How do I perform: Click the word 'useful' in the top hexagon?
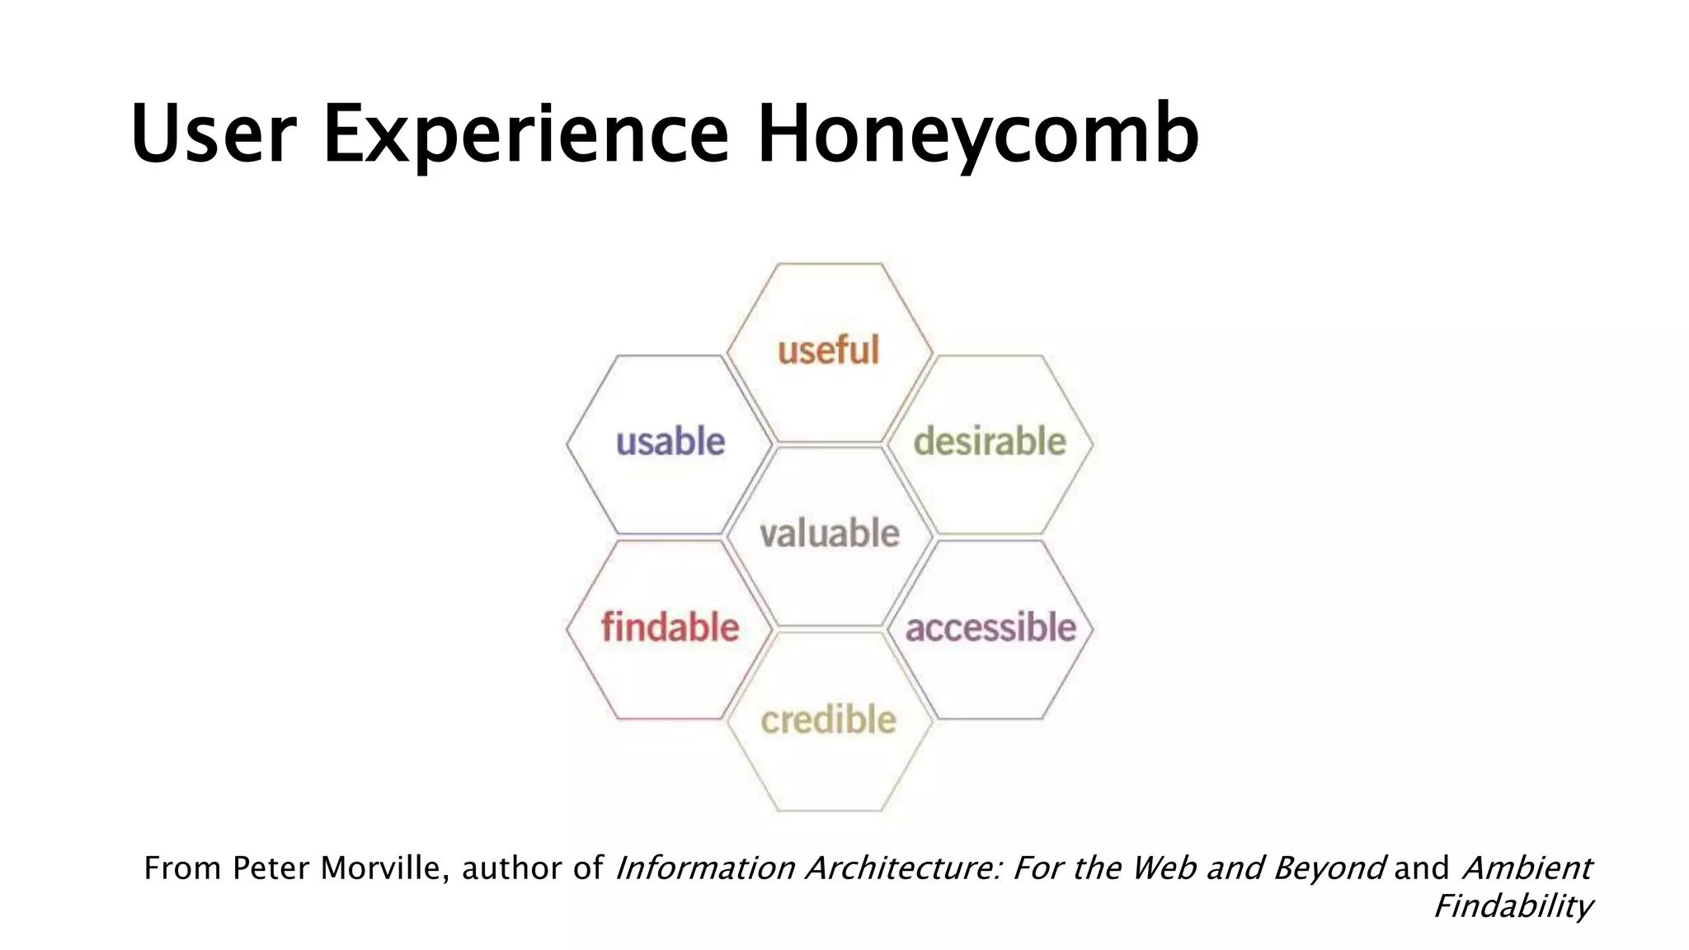(828, 350)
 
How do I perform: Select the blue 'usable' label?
(670, 442)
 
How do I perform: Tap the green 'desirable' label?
(990, 441)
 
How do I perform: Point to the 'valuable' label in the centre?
(830, 534)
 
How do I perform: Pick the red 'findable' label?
(670, 627)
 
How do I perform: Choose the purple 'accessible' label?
(990, 628)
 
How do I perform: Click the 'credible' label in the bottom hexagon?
(828, 720)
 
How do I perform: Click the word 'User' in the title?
(213, 134)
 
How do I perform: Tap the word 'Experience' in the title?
(526, 134)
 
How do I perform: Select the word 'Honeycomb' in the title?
(977, 134)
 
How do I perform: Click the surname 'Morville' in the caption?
(384, 868)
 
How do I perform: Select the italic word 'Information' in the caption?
(705, 868)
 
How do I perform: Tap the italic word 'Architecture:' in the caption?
(904, 868)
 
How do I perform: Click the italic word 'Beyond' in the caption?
(1329, 868)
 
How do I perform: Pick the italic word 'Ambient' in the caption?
(1527, 868)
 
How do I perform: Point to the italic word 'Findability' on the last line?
(1513, 906)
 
